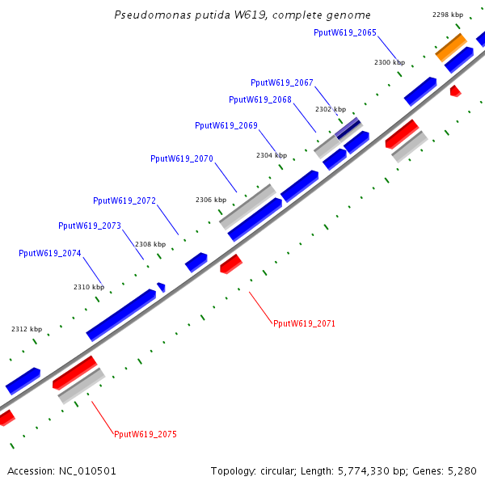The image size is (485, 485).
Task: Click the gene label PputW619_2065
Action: point(344,32)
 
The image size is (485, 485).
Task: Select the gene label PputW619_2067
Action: point(282,82)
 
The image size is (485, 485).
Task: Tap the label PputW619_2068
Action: point(260,99)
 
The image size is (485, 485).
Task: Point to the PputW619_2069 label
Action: point(226,125)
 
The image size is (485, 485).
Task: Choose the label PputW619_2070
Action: point(182,158)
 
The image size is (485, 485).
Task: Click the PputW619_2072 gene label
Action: point(124,200)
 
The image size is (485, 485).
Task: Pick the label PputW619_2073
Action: point(90,226)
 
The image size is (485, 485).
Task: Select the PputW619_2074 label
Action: point(50,253)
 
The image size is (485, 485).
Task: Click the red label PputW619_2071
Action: point(304,323)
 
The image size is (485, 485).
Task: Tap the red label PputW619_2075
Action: point(145,434)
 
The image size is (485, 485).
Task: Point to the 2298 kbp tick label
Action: point(448,15)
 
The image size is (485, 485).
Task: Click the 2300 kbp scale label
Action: point(389,62)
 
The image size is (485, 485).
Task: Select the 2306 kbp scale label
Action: point(210,200)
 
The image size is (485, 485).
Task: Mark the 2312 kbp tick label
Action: point(26,329)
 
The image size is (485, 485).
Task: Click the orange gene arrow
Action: point(450,47)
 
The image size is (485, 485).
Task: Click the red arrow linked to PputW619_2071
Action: point(230,264)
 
